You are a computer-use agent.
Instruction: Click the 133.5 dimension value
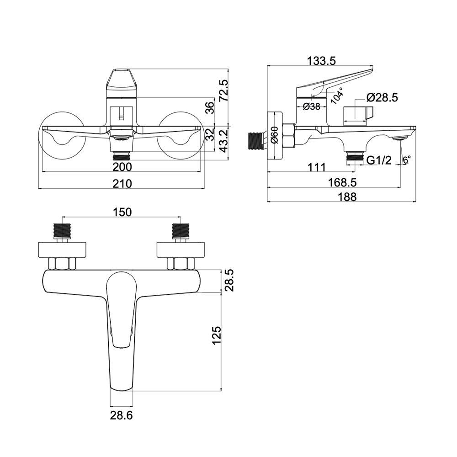click(x=321, y=61)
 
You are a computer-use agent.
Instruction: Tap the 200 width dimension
click(x=122, y=167)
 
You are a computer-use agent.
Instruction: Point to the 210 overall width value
click(x=122, y=183)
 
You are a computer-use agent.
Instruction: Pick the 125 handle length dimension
click(x=217, y=335)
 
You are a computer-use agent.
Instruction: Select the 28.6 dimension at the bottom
click(x=121, y=415)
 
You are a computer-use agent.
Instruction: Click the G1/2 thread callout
click(x=379, y=160)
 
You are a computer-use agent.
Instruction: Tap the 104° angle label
click(x=337, y=96)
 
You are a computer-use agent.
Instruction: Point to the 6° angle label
click(x=407, y=159)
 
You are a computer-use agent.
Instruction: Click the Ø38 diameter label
click(x=311, y=106)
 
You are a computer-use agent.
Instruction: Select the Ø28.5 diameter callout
click(x=382, y=98)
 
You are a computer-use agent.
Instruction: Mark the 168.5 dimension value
click(x=342, y=182)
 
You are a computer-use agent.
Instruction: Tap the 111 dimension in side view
click(x=317, y=167)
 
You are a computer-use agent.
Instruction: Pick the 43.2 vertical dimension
click(x=224, y=141)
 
